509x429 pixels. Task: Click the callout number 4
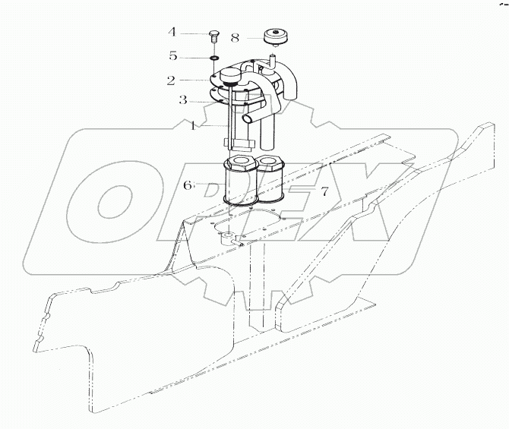[x=172, y=32]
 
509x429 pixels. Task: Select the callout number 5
[x=172, y=56]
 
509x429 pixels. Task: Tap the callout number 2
[x=172, y=80]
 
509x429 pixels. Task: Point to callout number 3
[x=183, y=99]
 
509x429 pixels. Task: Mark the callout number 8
[x=235, y=36]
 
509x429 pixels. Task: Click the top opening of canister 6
[x=241, y=162]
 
